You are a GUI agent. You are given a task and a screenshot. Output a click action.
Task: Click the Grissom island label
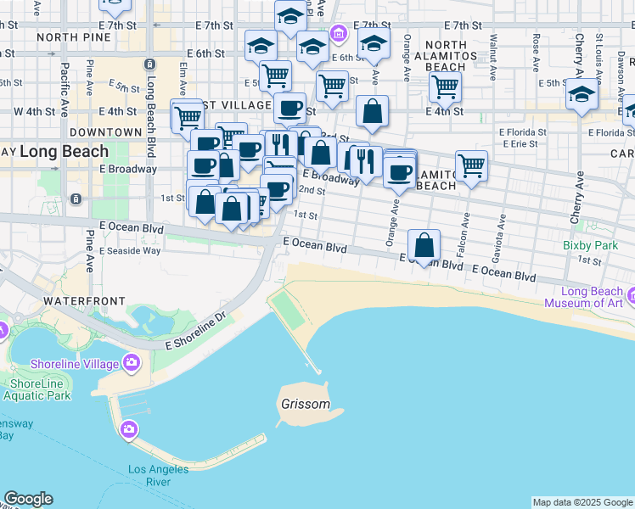[306, 405]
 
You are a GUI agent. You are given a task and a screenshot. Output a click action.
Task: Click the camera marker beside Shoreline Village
[131, 363]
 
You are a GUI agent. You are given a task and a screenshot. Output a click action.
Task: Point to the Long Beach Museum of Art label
[584, 297]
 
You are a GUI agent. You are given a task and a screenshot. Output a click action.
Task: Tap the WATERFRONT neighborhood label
[84, 301]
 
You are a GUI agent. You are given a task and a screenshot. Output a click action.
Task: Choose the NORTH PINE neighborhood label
[74, 37]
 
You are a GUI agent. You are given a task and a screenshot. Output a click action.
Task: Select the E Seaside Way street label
[129, 250]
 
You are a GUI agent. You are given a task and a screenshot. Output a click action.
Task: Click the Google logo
[28, 499]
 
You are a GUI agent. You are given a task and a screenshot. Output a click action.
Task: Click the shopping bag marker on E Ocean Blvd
[424, 246]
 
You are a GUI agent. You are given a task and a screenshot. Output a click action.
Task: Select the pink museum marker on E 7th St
[339, 34]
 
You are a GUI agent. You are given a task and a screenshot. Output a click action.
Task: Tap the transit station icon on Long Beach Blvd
[150, 64]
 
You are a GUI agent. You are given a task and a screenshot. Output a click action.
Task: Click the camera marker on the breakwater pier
[129, 429]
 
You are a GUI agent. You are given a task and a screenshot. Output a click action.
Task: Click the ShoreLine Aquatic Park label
[32, 389]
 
